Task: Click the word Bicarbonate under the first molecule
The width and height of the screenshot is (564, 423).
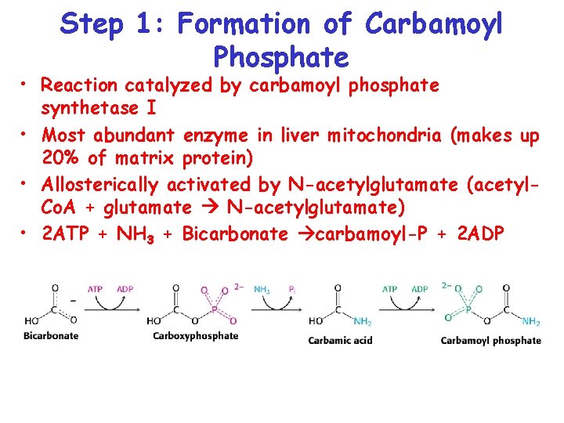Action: [x=51, y=335]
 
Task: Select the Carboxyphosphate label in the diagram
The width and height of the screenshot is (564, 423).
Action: [x=195, y=335]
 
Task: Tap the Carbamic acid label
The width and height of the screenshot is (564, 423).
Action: [x=340, y=340]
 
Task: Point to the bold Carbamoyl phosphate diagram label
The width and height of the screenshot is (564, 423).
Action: [x=490, y=340]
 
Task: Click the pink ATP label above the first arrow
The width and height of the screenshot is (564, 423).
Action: [x=96, y=288]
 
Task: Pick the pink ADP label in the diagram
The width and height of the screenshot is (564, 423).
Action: [x=125, y=288]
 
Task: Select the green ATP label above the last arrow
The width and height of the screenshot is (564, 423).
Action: [x=390, y=288]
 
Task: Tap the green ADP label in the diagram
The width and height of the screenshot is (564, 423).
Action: [x=420, y=288]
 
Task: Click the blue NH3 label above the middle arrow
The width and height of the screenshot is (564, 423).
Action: [x=262, y=288]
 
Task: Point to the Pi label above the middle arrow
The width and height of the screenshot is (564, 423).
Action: [x=291, y=288]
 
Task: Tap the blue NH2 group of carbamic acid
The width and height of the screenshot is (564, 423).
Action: [x=362, y=321]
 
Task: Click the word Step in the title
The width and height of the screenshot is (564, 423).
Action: [x=92, y=25]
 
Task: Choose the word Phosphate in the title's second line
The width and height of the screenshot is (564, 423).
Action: [x=280, y=56]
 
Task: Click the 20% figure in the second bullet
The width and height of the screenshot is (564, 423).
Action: [x=61, y=159]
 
